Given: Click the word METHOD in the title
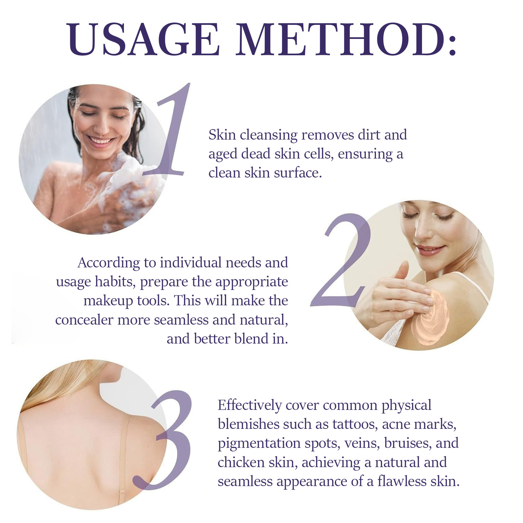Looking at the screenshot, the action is click(340, 39).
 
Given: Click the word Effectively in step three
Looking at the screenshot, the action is click(249, 405).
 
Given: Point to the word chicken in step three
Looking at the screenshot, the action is click(241, 462).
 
